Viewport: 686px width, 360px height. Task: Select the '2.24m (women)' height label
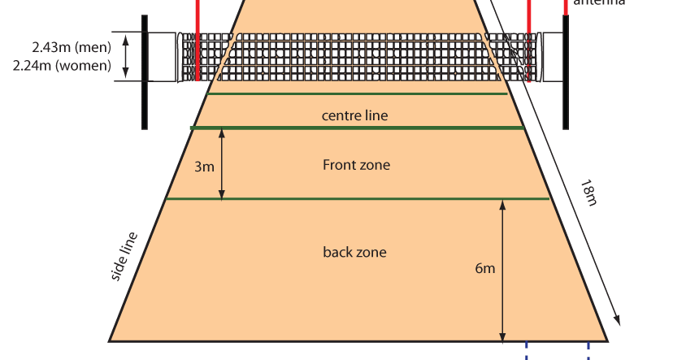[63, 66]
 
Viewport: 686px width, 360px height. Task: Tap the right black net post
[566, 73]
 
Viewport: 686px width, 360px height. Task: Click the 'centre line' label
[354, 115]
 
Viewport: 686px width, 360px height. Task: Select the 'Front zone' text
[356, 165]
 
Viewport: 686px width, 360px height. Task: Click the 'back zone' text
[354, 252]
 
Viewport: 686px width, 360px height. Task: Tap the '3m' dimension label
[204, 167]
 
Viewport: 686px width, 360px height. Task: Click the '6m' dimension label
[484, 267]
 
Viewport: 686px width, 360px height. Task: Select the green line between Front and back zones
[358, 199]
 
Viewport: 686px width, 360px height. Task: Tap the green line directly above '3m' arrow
[358, 128]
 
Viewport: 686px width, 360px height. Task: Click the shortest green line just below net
[358, 94]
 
